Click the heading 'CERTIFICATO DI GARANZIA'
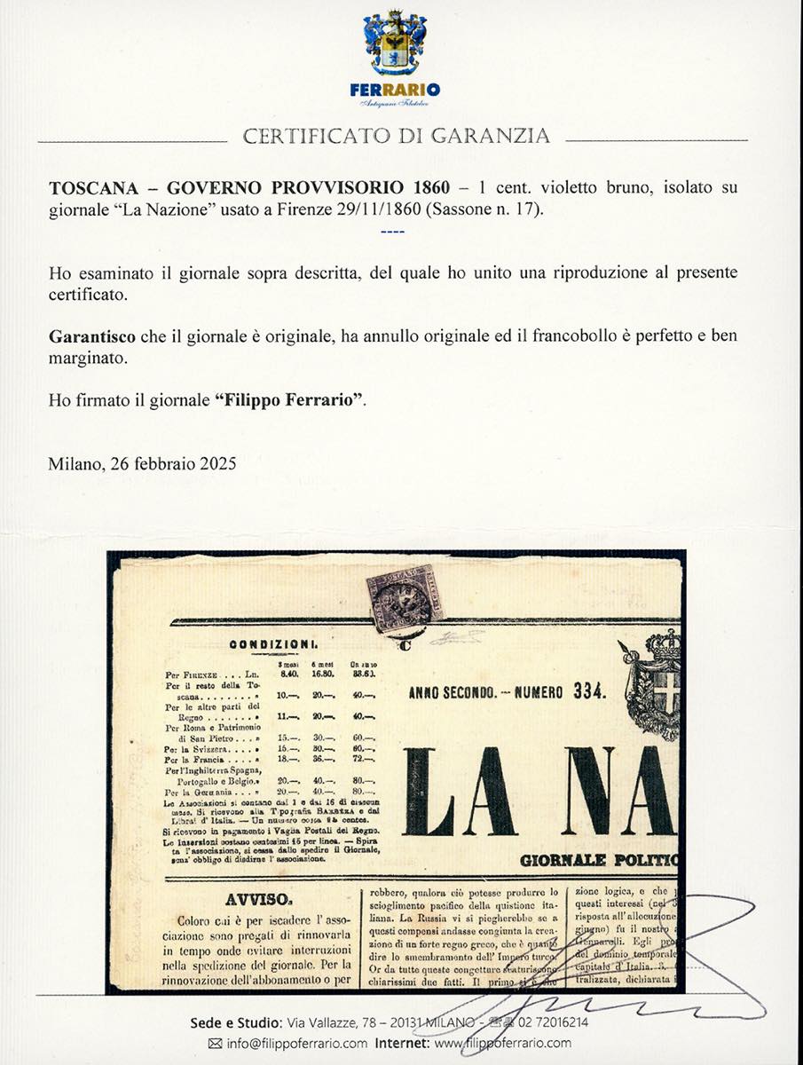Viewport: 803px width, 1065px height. pyautogui.click(x=396, y=137)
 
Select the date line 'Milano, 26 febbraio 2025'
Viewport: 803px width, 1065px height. pyautogui.click(x=142, y=462)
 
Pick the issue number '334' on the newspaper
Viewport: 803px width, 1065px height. pyautogui.click(x=580, y=694)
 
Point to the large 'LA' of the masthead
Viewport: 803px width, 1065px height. pyautogui.click(x=461, y=792)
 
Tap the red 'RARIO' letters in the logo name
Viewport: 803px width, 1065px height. pyautogui.click(x=415, y=90)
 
